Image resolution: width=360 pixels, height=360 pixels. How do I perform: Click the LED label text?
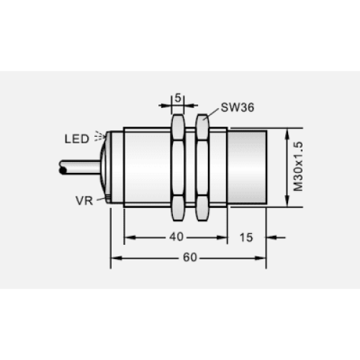(x=77, y=139)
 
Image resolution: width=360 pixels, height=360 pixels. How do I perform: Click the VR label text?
(x=84, y=201)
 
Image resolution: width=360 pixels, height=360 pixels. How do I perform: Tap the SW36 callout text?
(x=238, y=107)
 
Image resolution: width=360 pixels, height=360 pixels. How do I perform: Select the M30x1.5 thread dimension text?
(x=298, y=166)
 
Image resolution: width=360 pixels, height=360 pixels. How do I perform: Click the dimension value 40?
(x=176, y=237)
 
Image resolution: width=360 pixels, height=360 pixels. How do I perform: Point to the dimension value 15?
(x=246, y=238)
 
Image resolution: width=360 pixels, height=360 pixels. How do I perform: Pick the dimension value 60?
(x=190, y=257)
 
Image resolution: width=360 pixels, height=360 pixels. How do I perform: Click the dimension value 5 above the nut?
(x=178, y=98)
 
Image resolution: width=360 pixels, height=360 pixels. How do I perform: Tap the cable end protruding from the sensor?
(x=80, y=167)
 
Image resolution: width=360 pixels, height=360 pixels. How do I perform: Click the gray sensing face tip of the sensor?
(x=247, y=167)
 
